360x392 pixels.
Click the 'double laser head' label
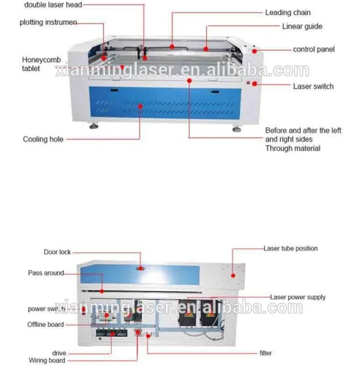53,5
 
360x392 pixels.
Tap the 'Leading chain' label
288,13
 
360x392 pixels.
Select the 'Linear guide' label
302,26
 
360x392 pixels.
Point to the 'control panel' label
313,50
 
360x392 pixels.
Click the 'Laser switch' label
313,86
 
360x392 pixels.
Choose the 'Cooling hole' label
43,139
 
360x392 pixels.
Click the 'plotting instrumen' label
48,22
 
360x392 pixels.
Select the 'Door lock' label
57,252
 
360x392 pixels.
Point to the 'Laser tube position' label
291,249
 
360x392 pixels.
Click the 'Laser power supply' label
298,297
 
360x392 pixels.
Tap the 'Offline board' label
45,324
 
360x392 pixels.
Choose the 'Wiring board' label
47,360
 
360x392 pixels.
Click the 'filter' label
265,353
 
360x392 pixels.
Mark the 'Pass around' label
46,273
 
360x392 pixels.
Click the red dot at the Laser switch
254,84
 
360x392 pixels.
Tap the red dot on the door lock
140,268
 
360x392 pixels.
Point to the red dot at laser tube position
233,275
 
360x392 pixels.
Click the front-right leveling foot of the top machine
237,129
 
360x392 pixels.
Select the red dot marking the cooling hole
140,106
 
